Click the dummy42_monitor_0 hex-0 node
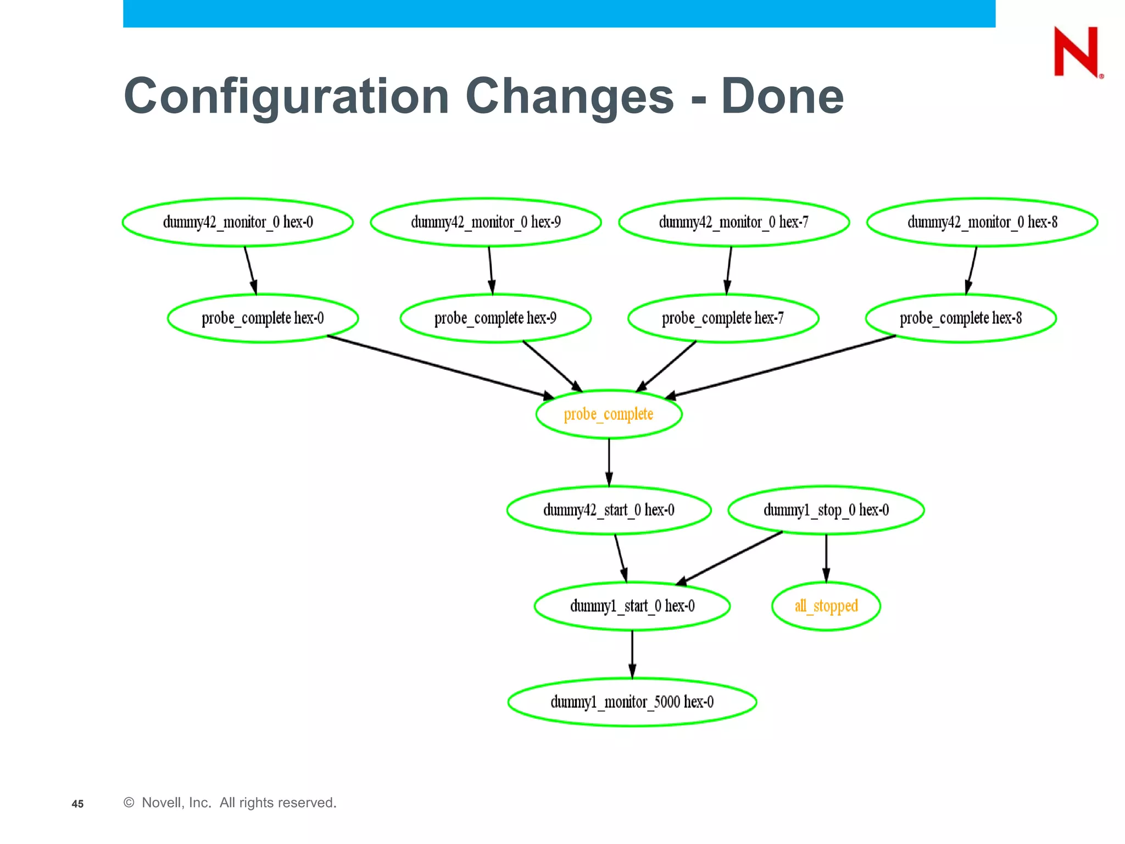click(x=237, y=222)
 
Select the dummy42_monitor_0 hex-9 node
click(x=486, y=222)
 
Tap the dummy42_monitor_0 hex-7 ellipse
click(x=734, y=222)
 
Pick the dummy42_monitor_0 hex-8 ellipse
click(x=982, y=222)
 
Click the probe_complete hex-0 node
click(x=263, y=318)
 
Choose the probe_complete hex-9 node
click(x=495, y=318)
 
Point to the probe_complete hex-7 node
click(x=723, y=318)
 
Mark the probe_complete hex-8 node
click(x=961, y=318)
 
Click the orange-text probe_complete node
click(x=609, y=414)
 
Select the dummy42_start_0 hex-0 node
click(x=609, y=510)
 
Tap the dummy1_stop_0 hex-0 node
click(x=826, y=510)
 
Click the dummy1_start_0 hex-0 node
click(x=632, y=606)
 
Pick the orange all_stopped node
click(x=826, y=606)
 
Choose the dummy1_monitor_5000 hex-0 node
click(x=632, y=702)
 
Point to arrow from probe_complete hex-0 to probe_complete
click(x=439, y=367)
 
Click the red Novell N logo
click(x=1077, y=52)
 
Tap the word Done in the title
click(x=782, y=96)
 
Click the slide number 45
click(x=77, y=804)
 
